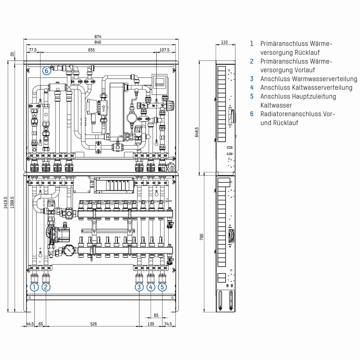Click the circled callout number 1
pos(34,287)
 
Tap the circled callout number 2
pos(46,287)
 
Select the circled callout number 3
pos(139,287)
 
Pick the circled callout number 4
pos(151,287)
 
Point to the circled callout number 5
pos(162,287)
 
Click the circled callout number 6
pos(47,71)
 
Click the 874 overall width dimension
pos(98,37)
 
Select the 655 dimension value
pos(91,50)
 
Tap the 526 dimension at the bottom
pos(93,324)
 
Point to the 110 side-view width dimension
pos(224,42)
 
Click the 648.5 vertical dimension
pos(197,132)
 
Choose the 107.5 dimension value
pos(165,50)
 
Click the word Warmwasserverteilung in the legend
pos(325,79)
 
